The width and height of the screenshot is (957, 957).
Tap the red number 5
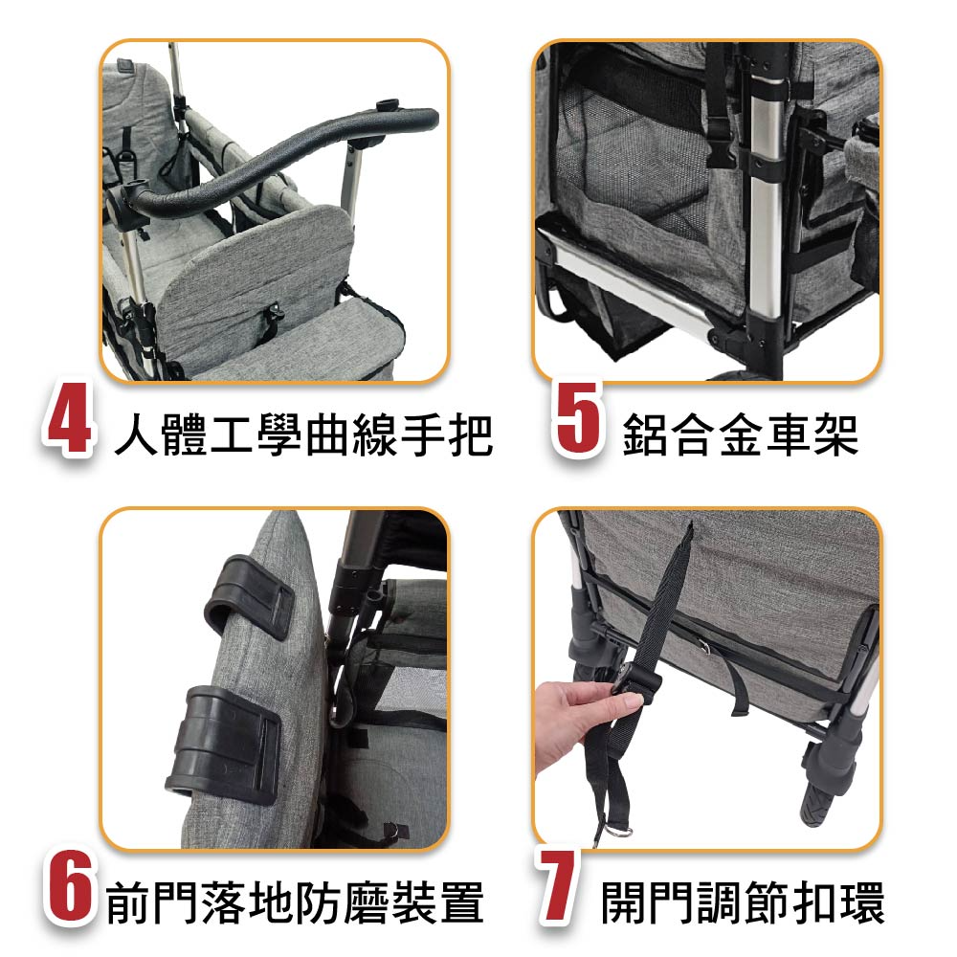pos(579,420)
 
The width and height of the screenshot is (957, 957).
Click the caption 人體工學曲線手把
pos(303,434)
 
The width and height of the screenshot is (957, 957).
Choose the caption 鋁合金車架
pos(741,434)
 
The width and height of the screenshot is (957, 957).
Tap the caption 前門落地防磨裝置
pos(296,902)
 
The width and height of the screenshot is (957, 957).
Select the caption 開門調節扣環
pos(743,902)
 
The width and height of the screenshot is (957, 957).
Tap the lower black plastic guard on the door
pos(225,744)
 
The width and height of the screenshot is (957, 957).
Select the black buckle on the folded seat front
pos(273,318)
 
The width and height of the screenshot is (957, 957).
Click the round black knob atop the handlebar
pos(388,105)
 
